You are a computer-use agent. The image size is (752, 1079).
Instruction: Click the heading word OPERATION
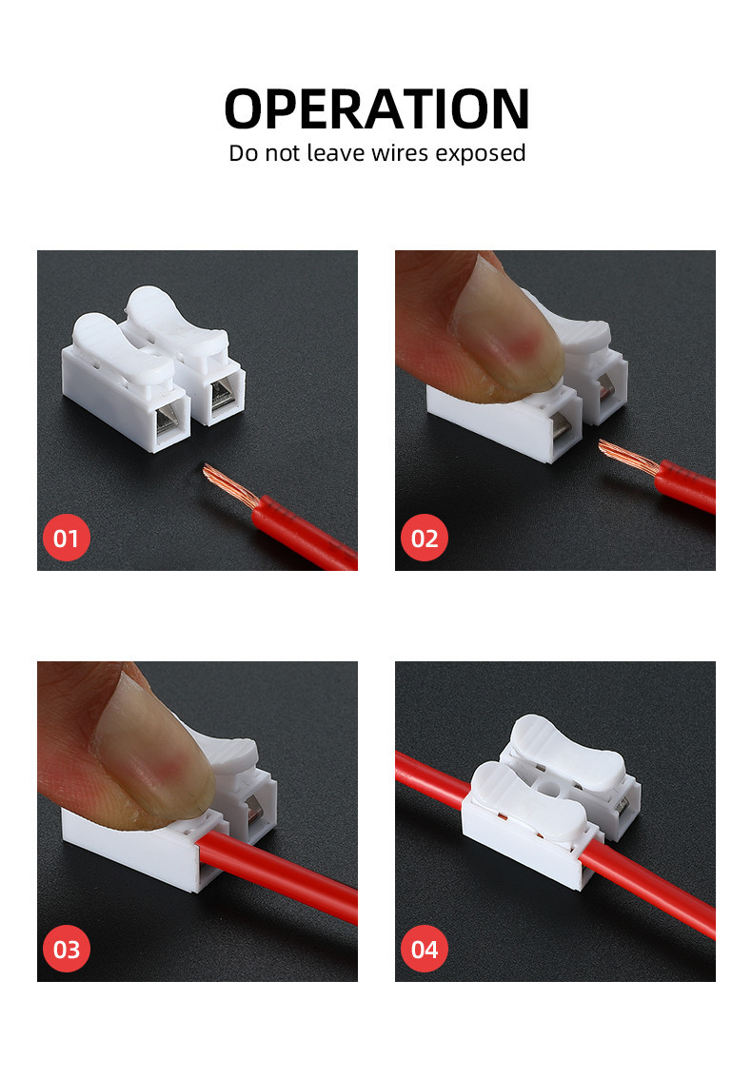click(x=376, y=108)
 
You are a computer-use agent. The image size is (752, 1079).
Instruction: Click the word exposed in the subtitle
click(x=480, y=152)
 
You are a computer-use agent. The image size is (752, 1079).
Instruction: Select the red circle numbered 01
click(x=66, y=539)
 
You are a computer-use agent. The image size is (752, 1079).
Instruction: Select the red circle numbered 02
click(x=425, y=539)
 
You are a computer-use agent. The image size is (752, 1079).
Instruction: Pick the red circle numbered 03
click(x=66, y=950)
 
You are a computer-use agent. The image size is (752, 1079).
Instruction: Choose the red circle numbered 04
click(x=425, y=950)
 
